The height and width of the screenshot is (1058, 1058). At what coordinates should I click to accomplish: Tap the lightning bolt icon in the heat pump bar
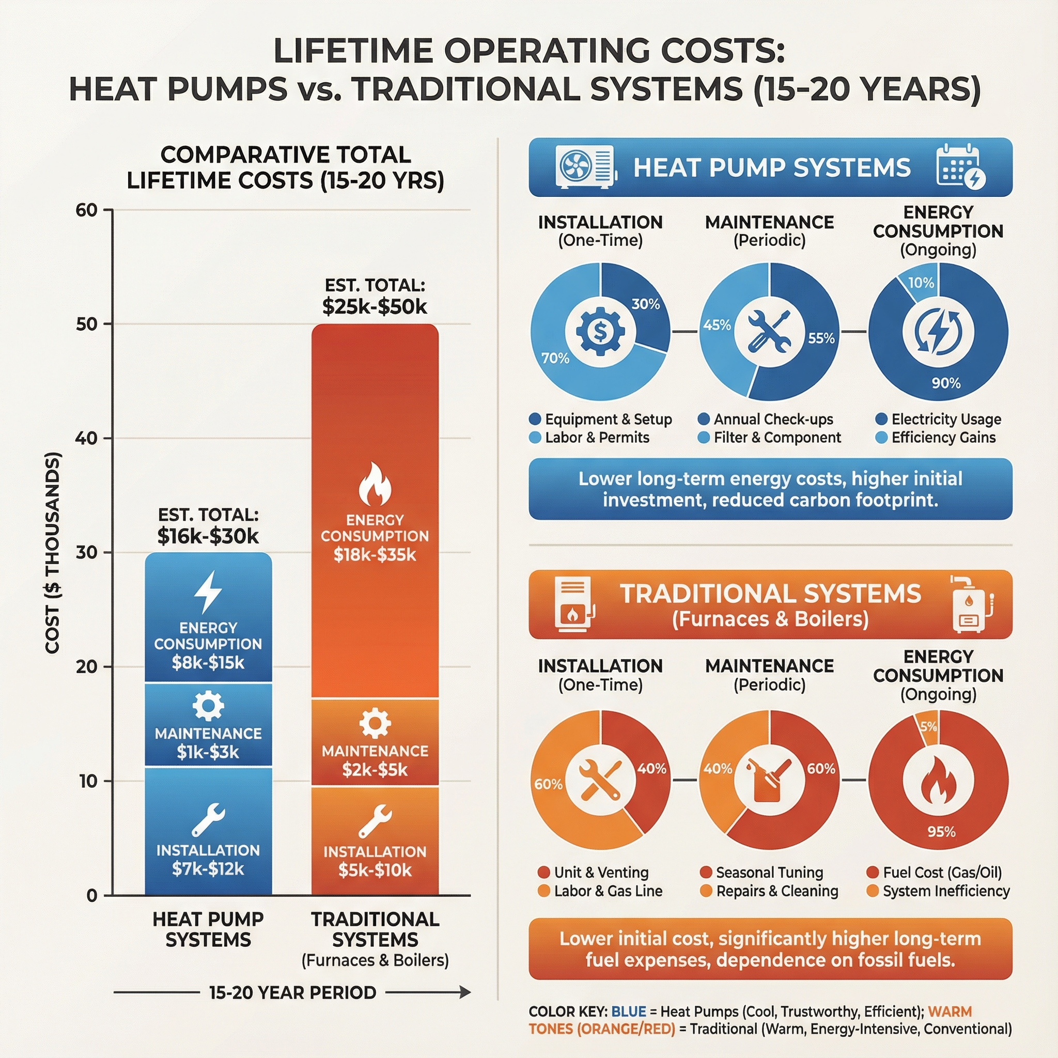click(x=208, y=592)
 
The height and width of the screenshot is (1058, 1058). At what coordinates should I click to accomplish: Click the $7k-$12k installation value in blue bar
click(x=208, y=868)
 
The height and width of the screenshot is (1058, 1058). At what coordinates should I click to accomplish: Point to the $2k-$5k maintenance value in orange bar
click(x=375, y=770)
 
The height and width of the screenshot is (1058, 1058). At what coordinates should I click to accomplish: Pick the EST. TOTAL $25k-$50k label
click(x=375, y=297)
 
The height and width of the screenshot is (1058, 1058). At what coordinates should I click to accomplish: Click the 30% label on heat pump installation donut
click(x=646, y=304)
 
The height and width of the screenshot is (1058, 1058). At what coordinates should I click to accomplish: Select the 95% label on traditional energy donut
click(x=941, y=831)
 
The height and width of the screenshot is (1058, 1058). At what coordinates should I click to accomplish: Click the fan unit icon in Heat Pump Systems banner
click(x=585, y=167)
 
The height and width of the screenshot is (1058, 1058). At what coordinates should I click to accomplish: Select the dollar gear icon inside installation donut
click(x=600, y=331)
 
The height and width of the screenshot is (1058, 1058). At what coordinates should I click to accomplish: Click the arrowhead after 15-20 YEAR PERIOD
click(x=465, y=992)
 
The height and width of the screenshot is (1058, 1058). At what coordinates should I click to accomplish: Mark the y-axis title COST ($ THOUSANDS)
click(x=53, y=553)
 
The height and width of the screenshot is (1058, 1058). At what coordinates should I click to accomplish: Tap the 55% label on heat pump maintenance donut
click(x=821, y=338)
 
